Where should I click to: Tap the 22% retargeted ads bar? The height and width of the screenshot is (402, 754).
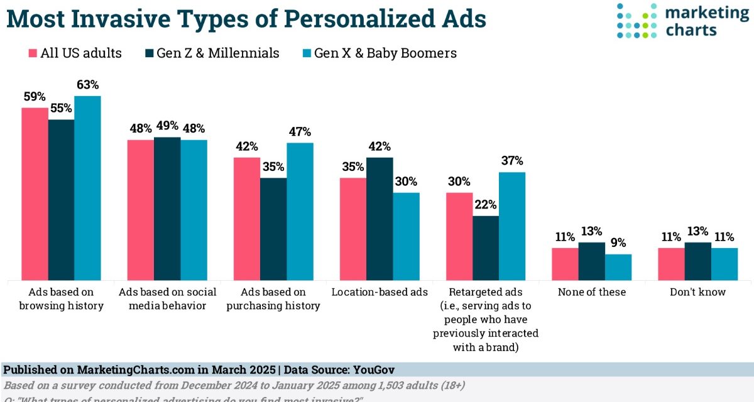485,247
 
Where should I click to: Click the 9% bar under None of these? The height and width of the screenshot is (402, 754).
618,267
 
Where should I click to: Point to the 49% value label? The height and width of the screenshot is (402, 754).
167,126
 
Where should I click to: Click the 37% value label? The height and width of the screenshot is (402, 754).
511,161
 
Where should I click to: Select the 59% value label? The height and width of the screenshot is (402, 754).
35,97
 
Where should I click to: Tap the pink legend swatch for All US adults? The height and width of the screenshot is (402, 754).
32,53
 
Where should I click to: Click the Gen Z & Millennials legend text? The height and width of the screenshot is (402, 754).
217,53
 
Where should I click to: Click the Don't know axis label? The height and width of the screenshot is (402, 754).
697,292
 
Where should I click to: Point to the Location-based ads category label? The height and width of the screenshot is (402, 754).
380,292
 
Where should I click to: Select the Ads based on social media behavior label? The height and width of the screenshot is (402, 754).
167,299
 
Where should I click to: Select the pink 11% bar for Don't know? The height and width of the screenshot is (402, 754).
671,264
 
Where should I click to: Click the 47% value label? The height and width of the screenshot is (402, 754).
300,132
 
